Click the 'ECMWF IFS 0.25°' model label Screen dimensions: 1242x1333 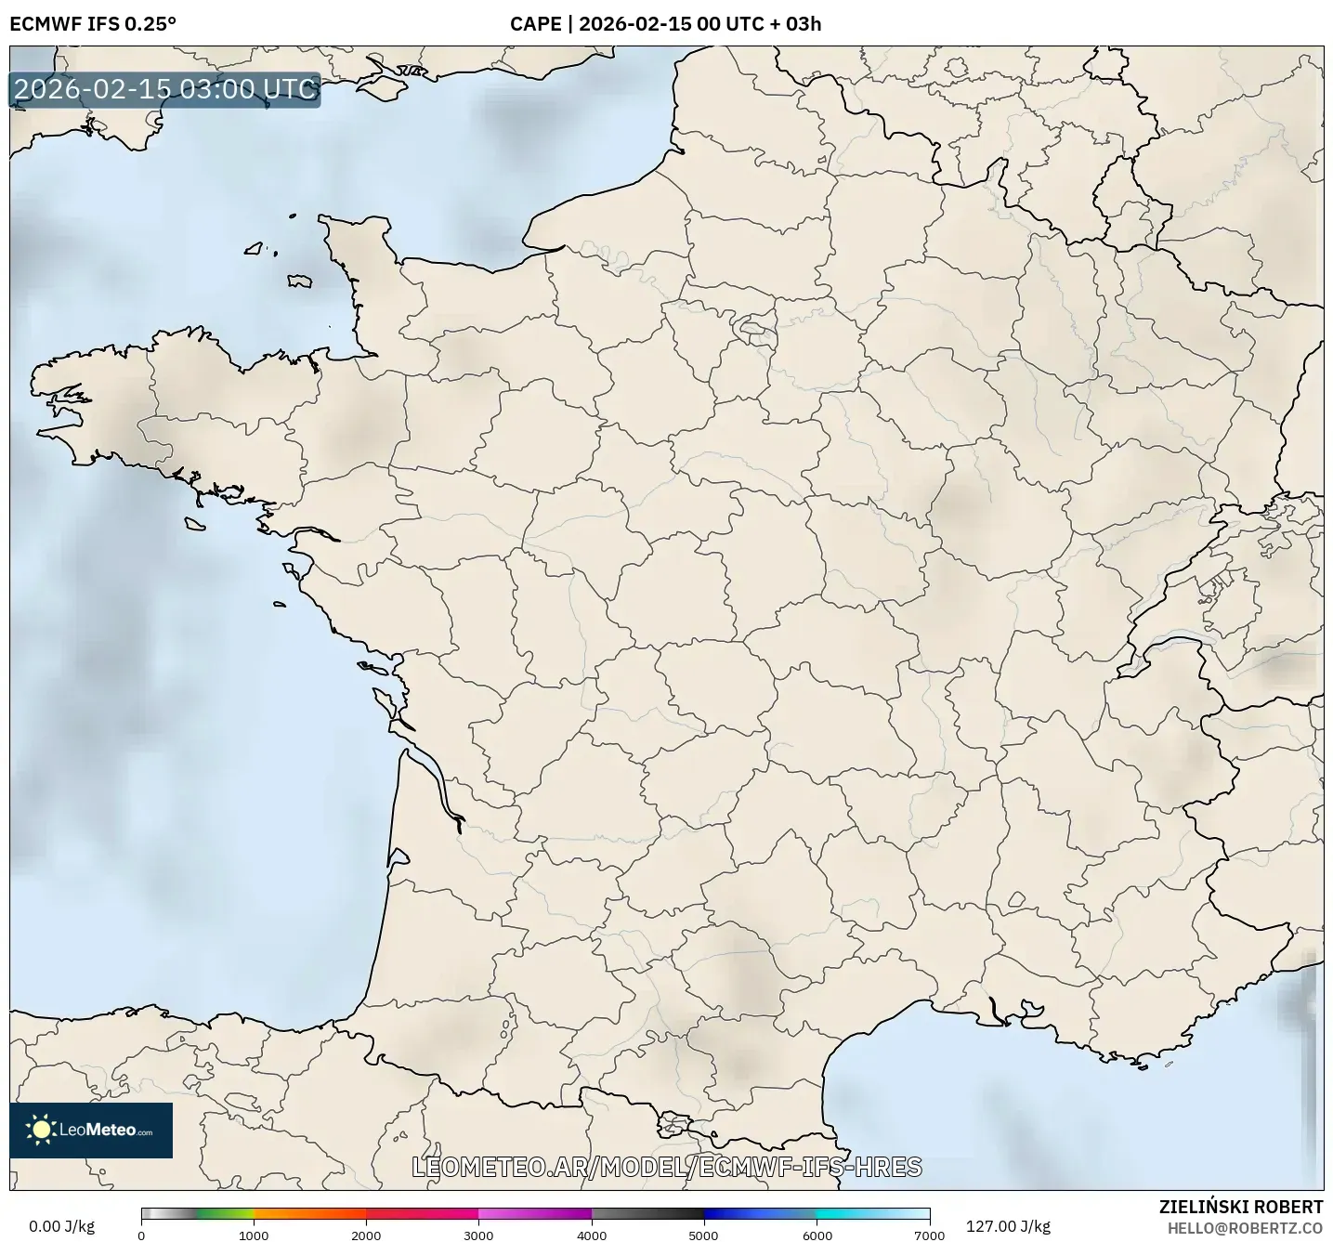pos(93,24)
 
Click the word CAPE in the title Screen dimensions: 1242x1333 pos(535,24)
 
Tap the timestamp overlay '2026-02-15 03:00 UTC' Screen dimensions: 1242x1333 pos(165,89)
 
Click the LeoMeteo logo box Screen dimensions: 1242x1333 pos(91,1130)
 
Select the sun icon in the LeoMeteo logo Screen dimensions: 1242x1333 pos(41,1130)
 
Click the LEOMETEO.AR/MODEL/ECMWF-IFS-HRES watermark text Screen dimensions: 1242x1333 pos(666,1167)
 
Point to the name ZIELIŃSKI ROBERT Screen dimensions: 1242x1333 pos(1241,1207)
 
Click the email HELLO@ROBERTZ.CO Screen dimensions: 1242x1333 pos(1245,1228)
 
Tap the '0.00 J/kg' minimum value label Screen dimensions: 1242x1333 pos(62,1226)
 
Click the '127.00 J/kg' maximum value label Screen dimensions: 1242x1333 pos(1008,1226)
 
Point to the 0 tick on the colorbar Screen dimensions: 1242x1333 pos(141,1235)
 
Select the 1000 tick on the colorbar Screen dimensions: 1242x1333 pos(254,1235)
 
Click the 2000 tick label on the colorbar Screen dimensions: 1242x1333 pos(366,1235)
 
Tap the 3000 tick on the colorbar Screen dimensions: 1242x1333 pos(478,1235)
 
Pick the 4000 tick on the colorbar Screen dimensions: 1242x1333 pos(592,1235)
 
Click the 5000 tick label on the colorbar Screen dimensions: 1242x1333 pos(704,1235)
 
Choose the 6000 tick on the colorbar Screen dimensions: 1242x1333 pos(817,1235)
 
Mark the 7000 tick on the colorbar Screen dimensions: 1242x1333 pos(929,1235)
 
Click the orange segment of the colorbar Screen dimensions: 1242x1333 pos(309,1213)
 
